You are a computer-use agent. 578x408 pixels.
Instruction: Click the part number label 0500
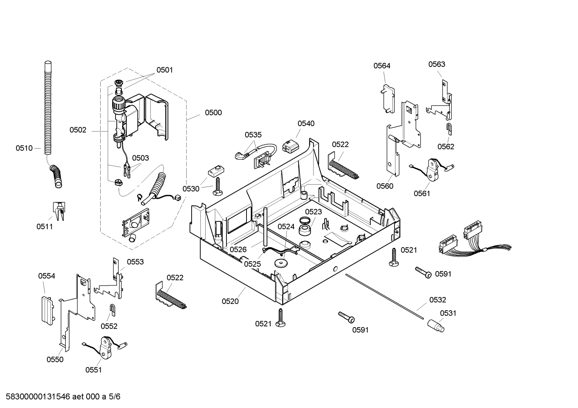(x=213, y=113)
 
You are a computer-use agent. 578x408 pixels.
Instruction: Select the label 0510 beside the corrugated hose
(x=24, y=148)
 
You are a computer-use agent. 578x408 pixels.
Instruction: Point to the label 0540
(x=306, y=123)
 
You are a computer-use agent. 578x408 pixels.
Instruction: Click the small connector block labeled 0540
(x=290, y=146)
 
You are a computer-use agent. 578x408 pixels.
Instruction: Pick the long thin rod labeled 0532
(x=384, y=297)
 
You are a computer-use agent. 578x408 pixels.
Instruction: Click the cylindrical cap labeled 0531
(x=436, y=326)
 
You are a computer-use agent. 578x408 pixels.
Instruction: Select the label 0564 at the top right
(x=382, y=66)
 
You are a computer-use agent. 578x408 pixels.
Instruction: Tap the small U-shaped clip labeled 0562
(x=449, y=129)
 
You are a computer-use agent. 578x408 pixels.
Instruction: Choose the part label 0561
(x=422, y=193)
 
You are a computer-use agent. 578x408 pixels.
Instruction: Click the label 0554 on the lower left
(x=47, y=276)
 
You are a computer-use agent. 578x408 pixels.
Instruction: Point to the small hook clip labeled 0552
(x=113, y=310)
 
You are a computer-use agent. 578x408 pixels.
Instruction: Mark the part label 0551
(x=93, y=370)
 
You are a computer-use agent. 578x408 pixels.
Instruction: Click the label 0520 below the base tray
(x=230, y=301)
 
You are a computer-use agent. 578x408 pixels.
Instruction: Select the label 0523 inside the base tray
(x=313, y=211)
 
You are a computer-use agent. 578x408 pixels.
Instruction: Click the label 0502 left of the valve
(x=78, y=130)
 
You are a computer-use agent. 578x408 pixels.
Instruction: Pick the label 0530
(x=191, y=189)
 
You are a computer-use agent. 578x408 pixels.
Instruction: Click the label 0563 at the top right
(x=437, y=64)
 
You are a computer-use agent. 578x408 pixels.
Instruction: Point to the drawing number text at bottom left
(x=63, y=396)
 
